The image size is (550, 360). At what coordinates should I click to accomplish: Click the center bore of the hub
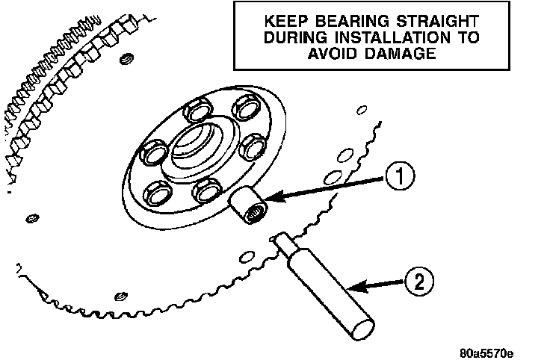(x=197, y=147)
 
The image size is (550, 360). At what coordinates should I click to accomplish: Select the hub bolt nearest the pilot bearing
(x=206, y=190)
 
